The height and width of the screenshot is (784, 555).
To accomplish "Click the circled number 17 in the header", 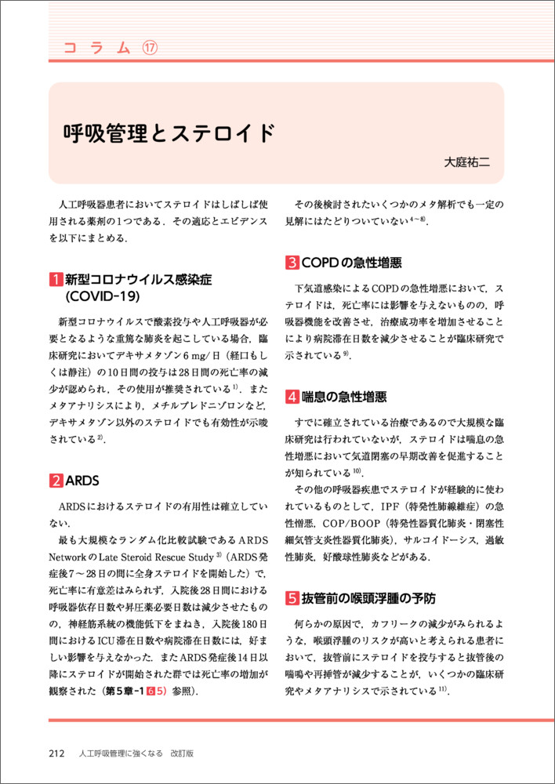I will coord(149,48).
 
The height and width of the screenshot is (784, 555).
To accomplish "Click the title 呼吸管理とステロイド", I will coord(169,132).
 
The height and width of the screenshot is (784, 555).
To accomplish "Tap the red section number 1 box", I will coord(56,280).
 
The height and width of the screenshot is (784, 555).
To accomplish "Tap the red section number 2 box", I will coord(56,480).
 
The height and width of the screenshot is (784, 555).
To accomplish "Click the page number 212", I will coord(56,753).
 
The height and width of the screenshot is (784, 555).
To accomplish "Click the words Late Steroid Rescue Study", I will coord(164,555).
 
